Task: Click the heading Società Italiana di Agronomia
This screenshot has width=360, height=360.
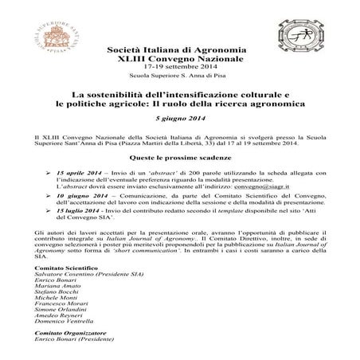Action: [180, 49]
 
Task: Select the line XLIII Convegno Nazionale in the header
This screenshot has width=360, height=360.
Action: [180, 57]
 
